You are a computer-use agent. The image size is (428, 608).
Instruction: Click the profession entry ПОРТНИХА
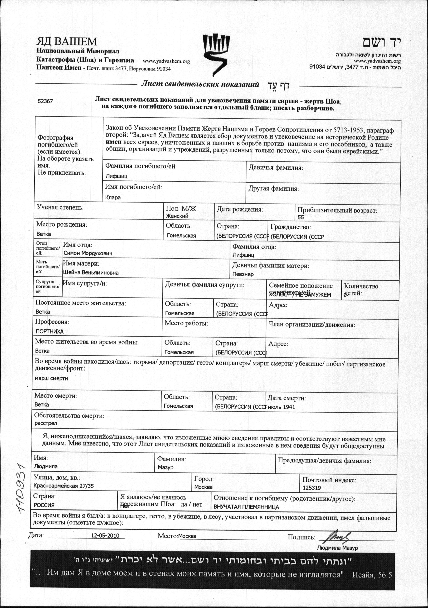click(50, 331)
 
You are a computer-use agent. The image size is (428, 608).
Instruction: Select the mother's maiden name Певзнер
click(243, 274)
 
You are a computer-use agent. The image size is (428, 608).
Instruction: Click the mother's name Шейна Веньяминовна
click(91, 272)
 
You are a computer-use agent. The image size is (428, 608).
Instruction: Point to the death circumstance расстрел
click(46, 423)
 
